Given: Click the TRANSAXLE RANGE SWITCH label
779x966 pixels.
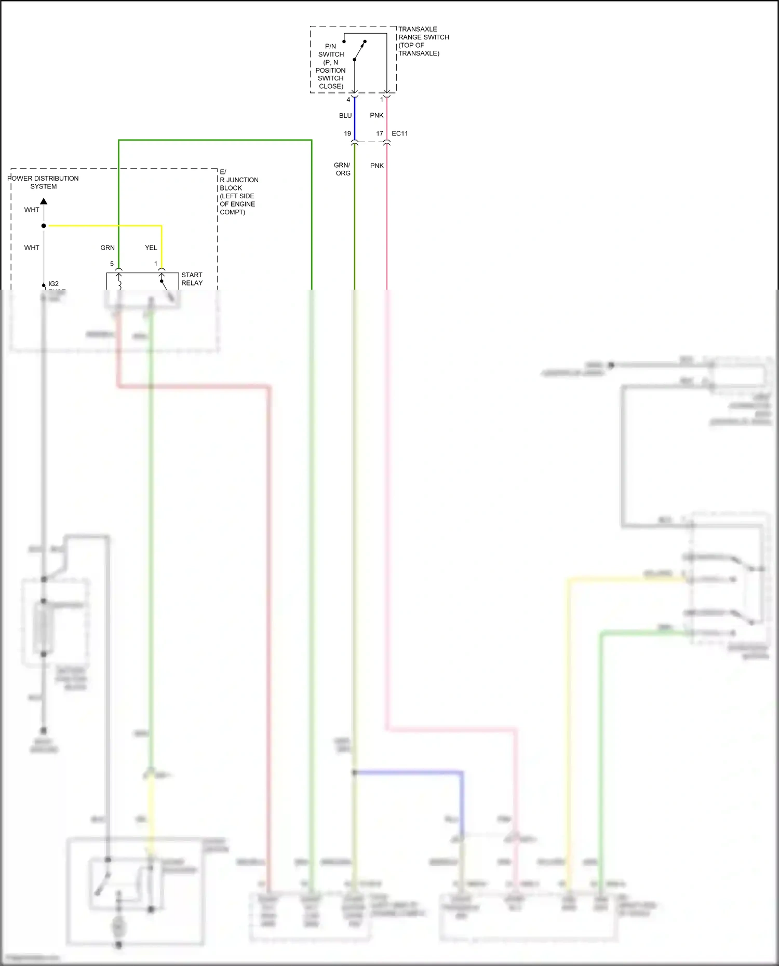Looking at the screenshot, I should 423,41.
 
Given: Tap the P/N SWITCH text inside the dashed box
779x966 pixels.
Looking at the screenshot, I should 331,50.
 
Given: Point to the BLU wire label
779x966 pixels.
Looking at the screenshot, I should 345,116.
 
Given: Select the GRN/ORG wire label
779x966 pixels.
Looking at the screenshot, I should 342,169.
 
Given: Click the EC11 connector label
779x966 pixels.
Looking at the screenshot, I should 399,134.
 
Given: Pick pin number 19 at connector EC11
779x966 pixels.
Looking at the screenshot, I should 347,134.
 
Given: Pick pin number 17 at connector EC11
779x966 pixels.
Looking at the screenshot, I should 380,134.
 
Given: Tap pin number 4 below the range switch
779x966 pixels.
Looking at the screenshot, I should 348,100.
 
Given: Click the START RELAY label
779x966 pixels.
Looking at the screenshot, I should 192,279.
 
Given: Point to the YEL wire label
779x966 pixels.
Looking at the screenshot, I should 151,248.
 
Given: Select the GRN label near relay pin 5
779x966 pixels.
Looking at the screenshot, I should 108,248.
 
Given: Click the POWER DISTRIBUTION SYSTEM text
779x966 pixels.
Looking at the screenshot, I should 43,182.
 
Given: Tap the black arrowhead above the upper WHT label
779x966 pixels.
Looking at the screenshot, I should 44,201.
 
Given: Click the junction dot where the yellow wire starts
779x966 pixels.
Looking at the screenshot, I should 44,226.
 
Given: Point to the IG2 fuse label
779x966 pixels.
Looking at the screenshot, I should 53,284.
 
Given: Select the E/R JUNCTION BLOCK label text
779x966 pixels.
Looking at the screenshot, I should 238,192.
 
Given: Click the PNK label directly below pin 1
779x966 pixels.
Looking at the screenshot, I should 377,116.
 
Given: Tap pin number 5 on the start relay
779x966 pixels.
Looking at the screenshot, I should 112,264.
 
